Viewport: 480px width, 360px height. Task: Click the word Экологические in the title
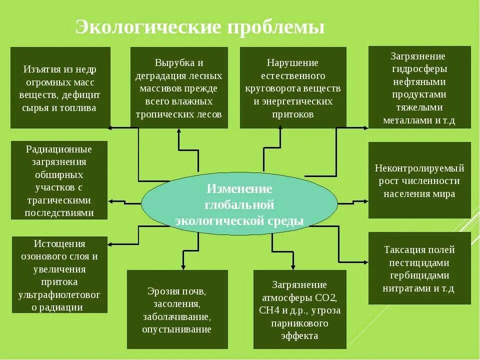pyautogui.click(x=148, y=27)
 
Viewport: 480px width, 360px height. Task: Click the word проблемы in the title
pyautogui.click(x=276, y=27)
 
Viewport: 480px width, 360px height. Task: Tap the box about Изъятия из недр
pyautogui.click(x=60, y=88)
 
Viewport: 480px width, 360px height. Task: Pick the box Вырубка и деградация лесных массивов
pyautogui.click(x=179, y=88)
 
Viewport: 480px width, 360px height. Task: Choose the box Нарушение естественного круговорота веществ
pyautogui.click(x=293, y=88)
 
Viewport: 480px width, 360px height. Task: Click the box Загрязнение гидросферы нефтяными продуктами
pyautogui.click(x=419, y=87)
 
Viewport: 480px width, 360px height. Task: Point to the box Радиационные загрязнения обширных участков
pyautogui.click(x=59, y=180)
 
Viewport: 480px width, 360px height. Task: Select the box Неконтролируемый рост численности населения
pyautogui.click(x=419, y=180)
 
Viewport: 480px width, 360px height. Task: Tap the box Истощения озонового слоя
pyautogui.click(x=59, y=275)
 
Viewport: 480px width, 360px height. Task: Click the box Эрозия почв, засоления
pyautogui.click(x=177, y=309)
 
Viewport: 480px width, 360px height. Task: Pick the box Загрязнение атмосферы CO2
pyautogui.click(x=299, y=309)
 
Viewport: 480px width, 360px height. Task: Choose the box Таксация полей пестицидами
pyautogui.click(x=419, y=268)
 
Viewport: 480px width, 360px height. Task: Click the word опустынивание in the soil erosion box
pyautogui.click(x=177, y=329)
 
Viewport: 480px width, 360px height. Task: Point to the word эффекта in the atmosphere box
pyautogui.click(x=299, y=336)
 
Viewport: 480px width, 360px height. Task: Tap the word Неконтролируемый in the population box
pyautogui.click(x=419, y=168)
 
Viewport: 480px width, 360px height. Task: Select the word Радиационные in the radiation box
pyautogui.click(x=59, y=149)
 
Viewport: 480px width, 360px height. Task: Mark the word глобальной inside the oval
pyautogui.click(x=239, y=205)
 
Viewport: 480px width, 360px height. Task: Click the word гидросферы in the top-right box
pyautogui.click(x=419, y=69)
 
